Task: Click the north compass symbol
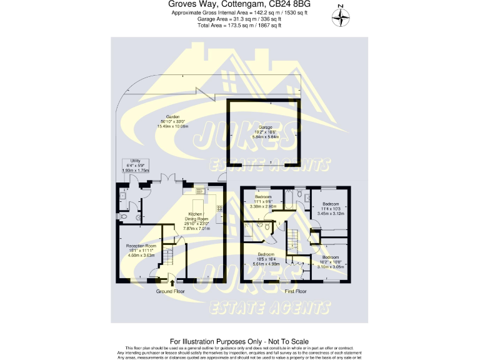(x=341, y=17)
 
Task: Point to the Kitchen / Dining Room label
(x=197, y=221)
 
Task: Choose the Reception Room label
(x=141, y=250)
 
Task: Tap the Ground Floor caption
(x=170, y=292)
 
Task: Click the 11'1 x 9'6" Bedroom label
(x=263, y=201)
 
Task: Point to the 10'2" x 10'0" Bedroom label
(x=330, y=261)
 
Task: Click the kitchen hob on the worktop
(x=220, y=207)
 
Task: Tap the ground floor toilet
(x=123, y=216)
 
